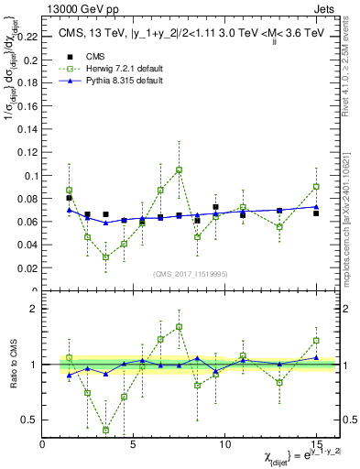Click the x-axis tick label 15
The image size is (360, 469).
point(315,444)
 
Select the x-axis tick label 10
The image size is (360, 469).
point(224,444)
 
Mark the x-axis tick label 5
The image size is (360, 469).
point(134,444)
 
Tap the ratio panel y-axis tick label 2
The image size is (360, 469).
point(33,309)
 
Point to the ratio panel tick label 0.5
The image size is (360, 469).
point(27,420)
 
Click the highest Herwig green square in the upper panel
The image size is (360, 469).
point(179,169)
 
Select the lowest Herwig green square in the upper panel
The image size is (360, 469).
point(105,257)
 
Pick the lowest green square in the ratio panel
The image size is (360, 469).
point(105,430)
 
